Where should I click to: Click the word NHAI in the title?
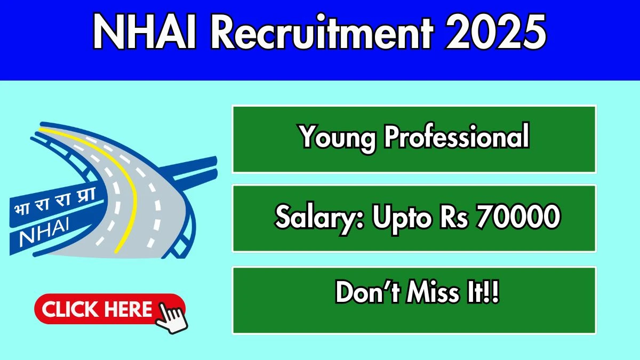[145, 32]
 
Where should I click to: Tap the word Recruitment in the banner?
[321, 31]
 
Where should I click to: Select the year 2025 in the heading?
[495, 32]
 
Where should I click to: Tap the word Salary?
[319, 218]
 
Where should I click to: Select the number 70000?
[518, 217]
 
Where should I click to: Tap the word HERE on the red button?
[130, 309]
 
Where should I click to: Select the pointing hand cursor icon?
[171, 318]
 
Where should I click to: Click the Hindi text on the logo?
[54, 202]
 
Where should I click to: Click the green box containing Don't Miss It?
[414, 300]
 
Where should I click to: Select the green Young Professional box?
[414, 139]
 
